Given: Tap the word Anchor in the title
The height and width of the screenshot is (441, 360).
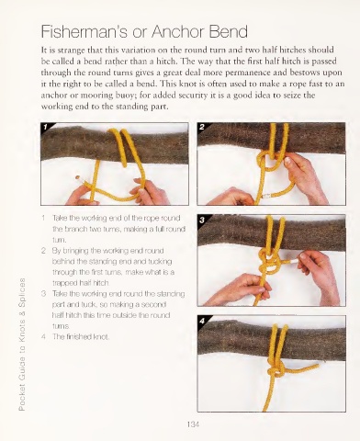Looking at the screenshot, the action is pyautogui.click(x=178, y=31).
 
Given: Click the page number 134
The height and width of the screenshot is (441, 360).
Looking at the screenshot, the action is pyautogui.click(x=193, y=424).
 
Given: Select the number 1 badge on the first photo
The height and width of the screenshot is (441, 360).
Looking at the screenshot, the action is pyautogui.click(x=45, y=127).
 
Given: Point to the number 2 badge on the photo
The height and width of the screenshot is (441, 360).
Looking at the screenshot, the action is pyautogui.click(x=201, y=127).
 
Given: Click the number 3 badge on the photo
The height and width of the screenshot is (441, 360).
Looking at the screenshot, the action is pyautogui.click(x=202, y=220).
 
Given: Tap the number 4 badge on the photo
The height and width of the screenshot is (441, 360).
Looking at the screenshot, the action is pyautogui.click(x=202, y=321).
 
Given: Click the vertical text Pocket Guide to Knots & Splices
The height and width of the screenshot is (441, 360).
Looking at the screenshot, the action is pyautogui.click(x=22, y=344).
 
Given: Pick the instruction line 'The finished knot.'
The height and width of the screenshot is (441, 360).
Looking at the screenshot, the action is pyautogui.click(x=81, y=337).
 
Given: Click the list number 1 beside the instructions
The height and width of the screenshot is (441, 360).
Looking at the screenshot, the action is pyautogui.click(x=43, y=218).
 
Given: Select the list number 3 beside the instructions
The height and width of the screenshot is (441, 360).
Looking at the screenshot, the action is pyautogui.click(x=43, y=294).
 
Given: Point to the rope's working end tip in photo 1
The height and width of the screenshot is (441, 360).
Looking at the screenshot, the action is pyautogui.click(x=78, y=177).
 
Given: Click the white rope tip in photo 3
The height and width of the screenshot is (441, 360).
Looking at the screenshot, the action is pyautogui.click(x=294, y=261).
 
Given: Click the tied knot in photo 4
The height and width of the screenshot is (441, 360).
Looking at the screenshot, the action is pyautogui.click(x=276, y=370).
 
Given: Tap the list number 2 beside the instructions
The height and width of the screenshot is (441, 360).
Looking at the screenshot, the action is pyautogui.click(x=43, y=251).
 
